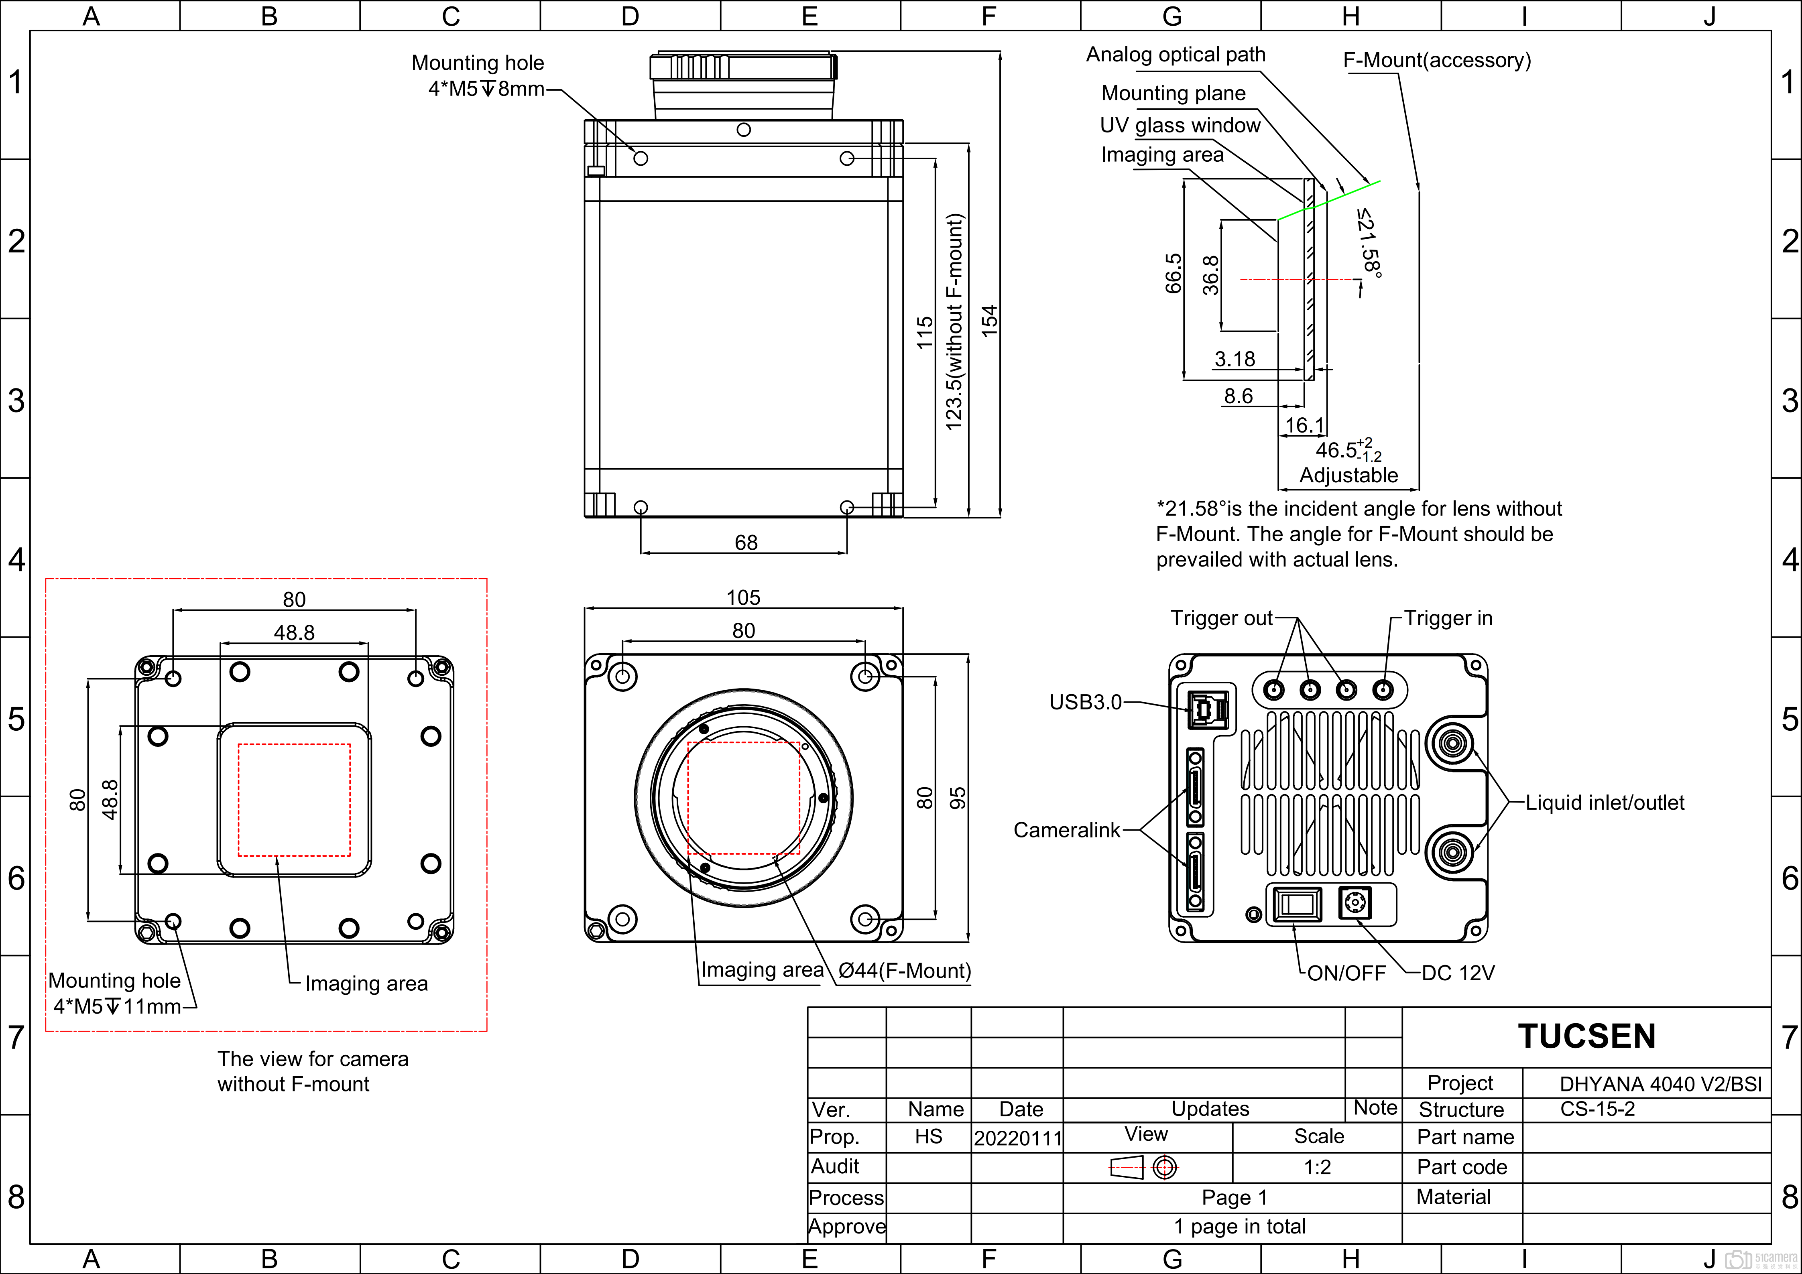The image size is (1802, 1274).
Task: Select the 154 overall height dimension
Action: (x=990, y=321)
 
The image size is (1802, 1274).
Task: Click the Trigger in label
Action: (x=1448, y=618)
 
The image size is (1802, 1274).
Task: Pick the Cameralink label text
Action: (x=1067, y=830)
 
